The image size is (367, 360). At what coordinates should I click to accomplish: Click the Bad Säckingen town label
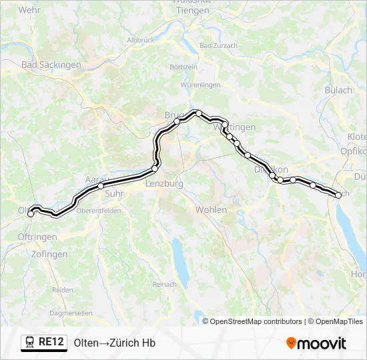pos(51,65)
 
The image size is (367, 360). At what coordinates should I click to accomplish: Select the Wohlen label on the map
pos(211,209)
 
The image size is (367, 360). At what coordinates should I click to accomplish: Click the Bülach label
pos(338,90)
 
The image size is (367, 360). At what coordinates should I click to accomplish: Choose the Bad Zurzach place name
pos(219,46)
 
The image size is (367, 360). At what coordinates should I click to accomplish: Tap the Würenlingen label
pos(200,85)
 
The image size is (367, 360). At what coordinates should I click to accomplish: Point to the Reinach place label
pos(165,284)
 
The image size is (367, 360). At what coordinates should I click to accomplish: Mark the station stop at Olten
pos(31,214)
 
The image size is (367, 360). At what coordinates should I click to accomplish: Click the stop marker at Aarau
pos(101,186)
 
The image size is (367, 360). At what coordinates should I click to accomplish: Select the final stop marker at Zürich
pos(338,195)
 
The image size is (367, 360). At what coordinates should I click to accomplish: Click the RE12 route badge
pos(44,343)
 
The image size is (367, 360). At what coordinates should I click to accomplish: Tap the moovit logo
pos(316,343)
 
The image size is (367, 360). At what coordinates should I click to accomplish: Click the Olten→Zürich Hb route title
pos(115,343)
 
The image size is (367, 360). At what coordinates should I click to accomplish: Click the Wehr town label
pos(30,10)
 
